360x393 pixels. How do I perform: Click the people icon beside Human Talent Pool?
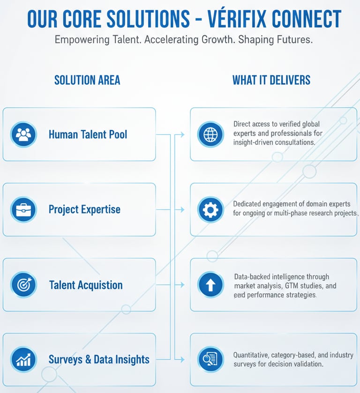pyautogui.click(x=23, y=134)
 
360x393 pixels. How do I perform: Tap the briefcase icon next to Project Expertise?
pyautogui.click(x=23, y=209)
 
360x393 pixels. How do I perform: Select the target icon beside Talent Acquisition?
pyautogui.click(x=23, y=285)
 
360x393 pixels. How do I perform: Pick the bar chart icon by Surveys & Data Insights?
pyautogui.click(x=23, y=360)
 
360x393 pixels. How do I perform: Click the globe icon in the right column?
pyautogui.click(x=210, y=134)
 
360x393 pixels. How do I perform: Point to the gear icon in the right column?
pyautogui.click(x=210, y=209)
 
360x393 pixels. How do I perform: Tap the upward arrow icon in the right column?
pyautogui.click(x=210, y=285)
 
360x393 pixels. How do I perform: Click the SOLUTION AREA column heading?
pyautogui.click(x=87, y=80)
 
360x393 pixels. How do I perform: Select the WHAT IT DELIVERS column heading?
pyautogui.click(x=271, y=80)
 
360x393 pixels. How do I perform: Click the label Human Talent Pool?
pyautogui.click(x=88, y=134)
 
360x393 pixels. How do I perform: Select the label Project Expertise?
pyautogui.click(x=84, y=209)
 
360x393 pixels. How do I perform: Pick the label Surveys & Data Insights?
pyautogui.click(x=99, y=360)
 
